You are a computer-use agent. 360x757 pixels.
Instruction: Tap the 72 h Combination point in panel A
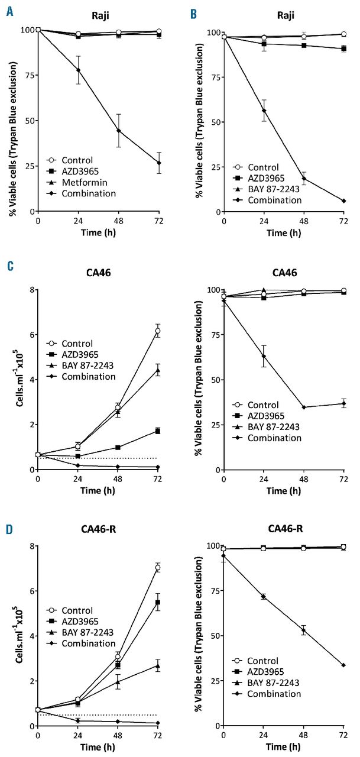[x=157, y=163]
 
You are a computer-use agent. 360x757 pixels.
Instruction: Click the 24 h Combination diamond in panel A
[x=77, y=70]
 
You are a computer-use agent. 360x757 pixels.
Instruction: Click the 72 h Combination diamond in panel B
[x=343, y=201]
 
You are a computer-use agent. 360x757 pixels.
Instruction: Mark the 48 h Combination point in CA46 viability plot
[x=303, y=407]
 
